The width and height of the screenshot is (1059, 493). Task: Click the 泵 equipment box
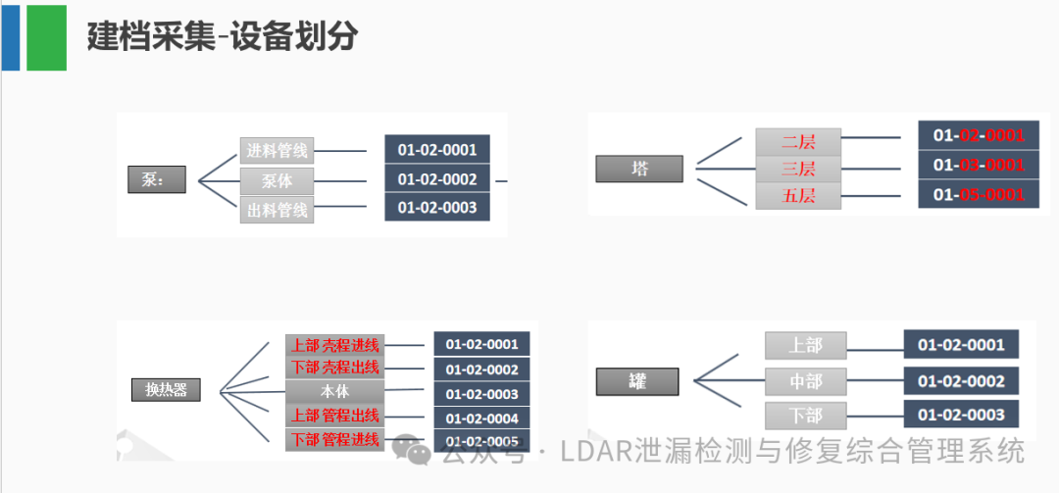pyautogui.click(x=156, y=180)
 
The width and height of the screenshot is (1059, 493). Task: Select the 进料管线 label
pyautogui.click(x=277, y=151)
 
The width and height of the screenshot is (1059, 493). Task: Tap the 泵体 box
pyautogui.click(x=277, y=181)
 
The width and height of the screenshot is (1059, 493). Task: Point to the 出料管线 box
pyautogui.click(x=277, y=210)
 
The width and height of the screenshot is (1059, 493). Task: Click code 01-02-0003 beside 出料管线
pyautogui.click(x=436, y=208)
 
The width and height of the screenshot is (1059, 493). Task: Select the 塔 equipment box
pyautogui.click(x=639, y=169)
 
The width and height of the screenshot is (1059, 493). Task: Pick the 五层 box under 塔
pyautogui.click(x=798, y=196)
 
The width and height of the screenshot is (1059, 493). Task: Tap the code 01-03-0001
pyautogui.click(x=978, y=165)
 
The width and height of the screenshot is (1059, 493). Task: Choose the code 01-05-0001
pyautogui.click(x=978, y=195)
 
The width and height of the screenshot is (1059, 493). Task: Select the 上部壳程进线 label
pyautogui.click(x=334, y=345)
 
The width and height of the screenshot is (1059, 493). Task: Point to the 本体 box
pyautogui.click(x=334, y=392)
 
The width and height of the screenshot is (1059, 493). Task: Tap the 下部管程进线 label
pyautogui.click(x=334, y=439)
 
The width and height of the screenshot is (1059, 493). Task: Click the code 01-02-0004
pyautogui.click(x=481, y=419)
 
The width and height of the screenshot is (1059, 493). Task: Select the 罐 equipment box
pyautogui.click(x=637, y=380)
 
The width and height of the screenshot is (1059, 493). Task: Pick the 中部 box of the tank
pyautogui.click(x=805, y=380)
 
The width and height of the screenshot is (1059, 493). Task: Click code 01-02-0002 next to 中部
pyautogui.click(x=961, y=381)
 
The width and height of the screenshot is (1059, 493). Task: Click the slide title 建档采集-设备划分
pyautogui.click(x=222, y=36)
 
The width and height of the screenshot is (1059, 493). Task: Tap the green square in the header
pyautogui.click(x=46, y=37)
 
